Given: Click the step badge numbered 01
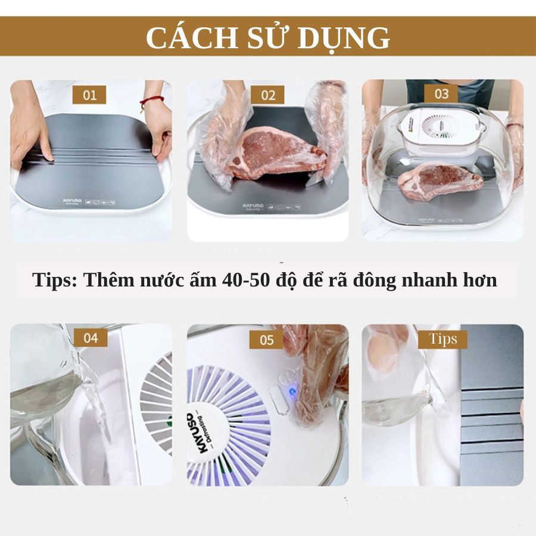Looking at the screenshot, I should point(89,95).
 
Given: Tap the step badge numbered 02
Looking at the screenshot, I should point(268,95).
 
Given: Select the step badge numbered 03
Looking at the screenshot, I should point(441,94).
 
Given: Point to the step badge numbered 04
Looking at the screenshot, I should point(90,338).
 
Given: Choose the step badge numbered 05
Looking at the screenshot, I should point(267,339).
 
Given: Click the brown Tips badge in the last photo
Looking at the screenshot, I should point(442,339).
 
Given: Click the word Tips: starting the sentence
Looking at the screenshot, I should point(55,280).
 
